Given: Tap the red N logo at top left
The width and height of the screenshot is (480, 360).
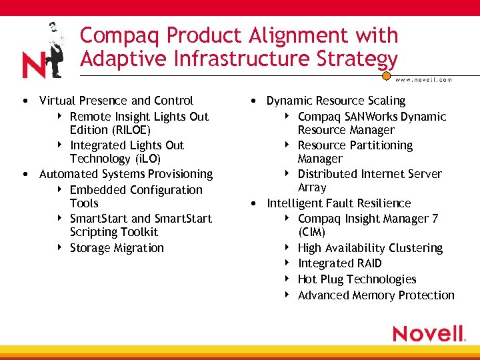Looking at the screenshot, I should coord(33,66).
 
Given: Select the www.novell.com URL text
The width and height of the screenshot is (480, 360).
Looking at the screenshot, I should coord(423,79).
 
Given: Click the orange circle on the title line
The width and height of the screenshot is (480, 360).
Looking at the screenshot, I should coord(386,77).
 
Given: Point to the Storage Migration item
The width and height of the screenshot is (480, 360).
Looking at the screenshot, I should coord(117,248).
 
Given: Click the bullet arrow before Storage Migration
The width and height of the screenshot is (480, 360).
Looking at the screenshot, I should coord(60,247).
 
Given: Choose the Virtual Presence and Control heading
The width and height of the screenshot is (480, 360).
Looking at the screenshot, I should coord(116,101).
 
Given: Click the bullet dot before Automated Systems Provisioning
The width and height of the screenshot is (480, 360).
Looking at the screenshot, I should coord(25,175).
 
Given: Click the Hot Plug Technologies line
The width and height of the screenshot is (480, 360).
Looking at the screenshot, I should coord(357,279).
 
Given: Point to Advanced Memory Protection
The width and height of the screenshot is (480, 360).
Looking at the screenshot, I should coord(376,295).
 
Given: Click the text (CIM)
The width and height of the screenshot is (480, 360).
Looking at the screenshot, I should coord(312,232).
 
